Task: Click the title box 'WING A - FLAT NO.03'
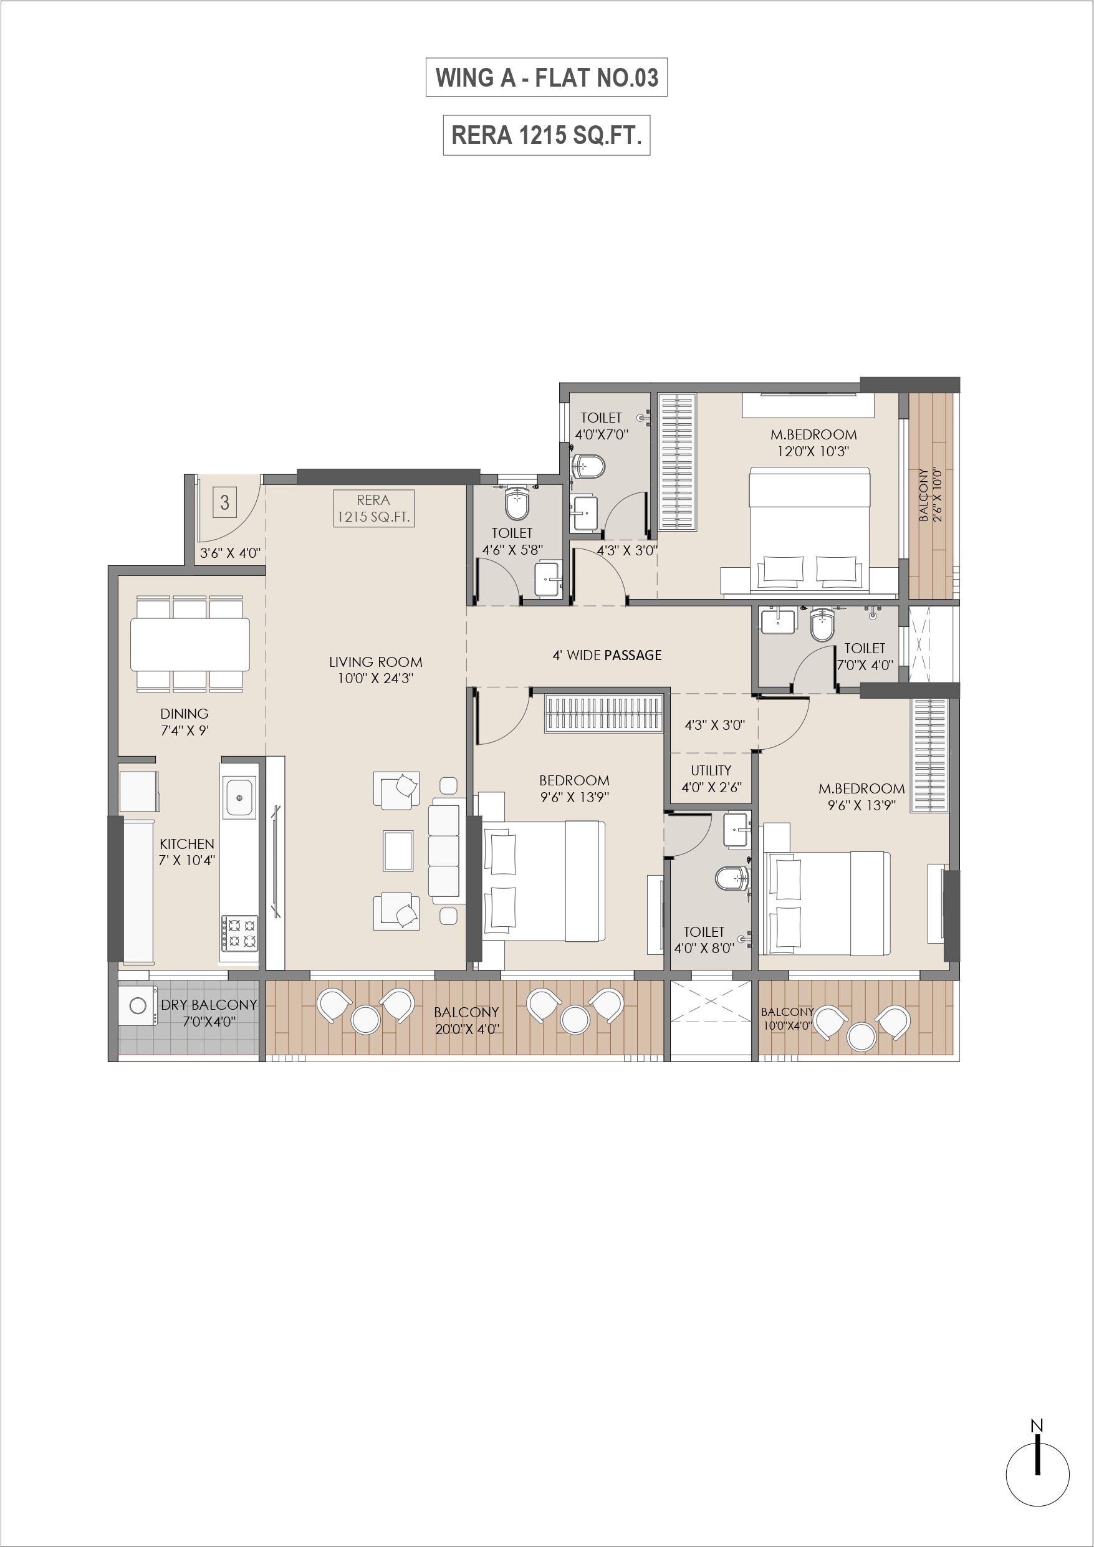point(547,77)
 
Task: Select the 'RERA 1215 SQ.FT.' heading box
point(547,135)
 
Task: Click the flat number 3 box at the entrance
point(225,502)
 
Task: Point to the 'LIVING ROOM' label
point(375,663)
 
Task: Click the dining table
point(190,643)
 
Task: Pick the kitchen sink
point(239,798)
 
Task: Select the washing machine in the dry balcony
point(138,1006)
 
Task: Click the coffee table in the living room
point(398,851)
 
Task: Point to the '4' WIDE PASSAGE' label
point(607,656)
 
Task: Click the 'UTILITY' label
point(711,770)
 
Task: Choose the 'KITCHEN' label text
point(187,843)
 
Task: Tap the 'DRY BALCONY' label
point(209,1005)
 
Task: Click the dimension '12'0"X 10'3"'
point(813,451)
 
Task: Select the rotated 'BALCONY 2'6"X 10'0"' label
point(930,496)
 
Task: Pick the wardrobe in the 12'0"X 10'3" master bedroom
point(678,463)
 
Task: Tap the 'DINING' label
point(184,714)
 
